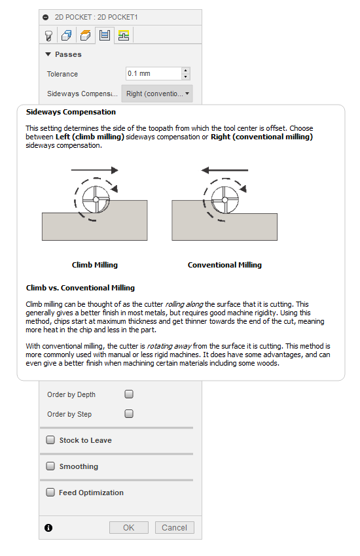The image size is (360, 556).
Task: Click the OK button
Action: click(128, 527)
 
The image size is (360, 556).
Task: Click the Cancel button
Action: click(174, 527)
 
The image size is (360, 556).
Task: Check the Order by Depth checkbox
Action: click(129, 394)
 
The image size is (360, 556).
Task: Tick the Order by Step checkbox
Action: click(129, 414)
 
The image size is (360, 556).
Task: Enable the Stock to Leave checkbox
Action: click(50, 440)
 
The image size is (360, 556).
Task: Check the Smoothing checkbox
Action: click(50, 466)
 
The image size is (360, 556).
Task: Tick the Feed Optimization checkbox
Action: click(50, 493)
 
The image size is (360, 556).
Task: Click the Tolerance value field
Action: click(153, 74)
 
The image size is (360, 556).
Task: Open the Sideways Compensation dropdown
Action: click(158, 94)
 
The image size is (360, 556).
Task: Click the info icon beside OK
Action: click(48, 528)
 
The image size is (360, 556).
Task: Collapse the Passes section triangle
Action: click(48, 54)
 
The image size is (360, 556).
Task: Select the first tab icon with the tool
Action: click(48, 35)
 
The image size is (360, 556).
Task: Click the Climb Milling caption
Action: click(95, 265)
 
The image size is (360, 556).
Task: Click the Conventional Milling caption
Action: click(225, 265)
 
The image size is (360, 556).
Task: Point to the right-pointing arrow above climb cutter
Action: click(94, 170)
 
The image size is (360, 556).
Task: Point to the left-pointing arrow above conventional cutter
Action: click(225, 170)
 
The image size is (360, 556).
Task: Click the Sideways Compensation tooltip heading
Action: click(71, 112)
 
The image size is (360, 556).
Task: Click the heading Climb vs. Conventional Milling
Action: click(80, 288)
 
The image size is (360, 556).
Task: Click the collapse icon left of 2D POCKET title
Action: click(45, 18)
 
